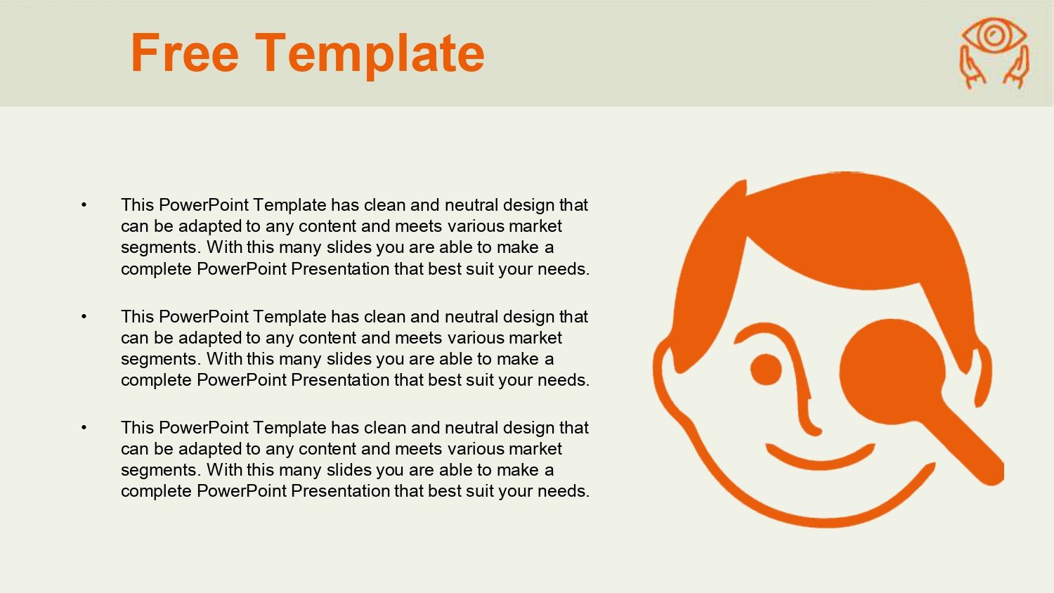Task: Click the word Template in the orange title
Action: pyautogui.click(x=370, y=55)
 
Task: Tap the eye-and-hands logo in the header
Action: pyautogui.click(x=994, y=53)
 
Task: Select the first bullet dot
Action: pyautogui.click(x=84, y=204)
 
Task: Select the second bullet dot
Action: pyautogui.click(x=84, y=316)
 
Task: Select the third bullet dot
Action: pyautogui.click(x=84, y=427)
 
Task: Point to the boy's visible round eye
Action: pyautogui.click(x=766, y=370)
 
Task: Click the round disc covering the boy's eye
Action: pyautogui.click(x=892, y=372)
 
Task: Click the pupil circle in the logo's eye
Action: pyautogui.click(x=994, y=34)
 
